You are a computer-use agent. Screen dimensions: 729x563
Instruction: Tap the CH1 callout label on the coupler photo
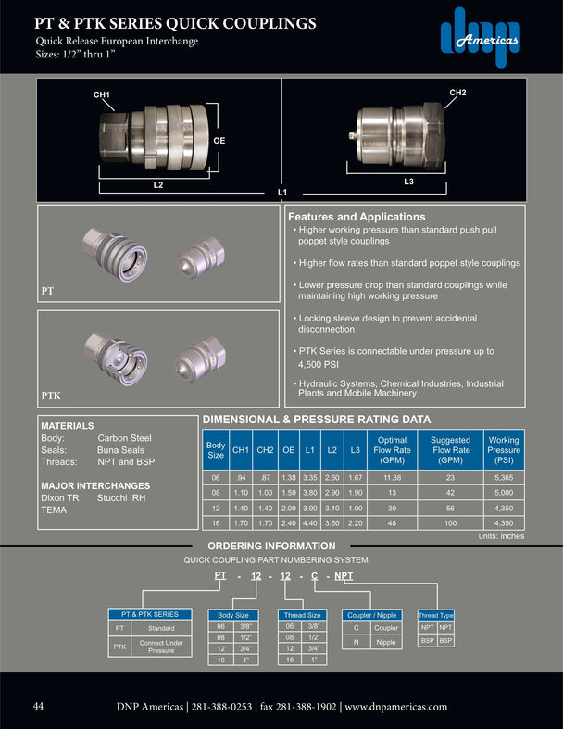tap(102, 95)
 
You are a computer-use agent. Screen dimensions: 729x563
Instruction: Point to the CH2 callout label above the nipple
tap(457, 93)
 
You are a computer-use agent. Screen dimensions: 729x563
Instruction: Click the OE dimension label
tap(219, 140)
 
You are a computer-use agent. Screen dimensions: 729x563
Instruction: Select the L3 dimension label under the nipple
tap(408, 181)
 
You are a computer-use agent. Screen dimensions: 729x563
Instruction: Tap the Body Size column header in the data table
tap(216, 448)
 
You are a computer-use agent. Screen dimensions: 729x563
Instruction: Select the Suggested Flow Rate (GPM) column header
tap(450, 448)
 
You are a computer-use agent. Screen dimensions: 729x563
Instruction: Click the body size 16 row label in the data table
tap(216, 522)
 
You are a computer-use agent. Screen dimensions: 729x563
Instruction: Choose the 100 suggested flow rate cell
tap(450, 522)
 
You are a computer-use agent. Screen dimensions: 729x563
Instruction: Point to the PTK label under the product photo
tap(52, 396)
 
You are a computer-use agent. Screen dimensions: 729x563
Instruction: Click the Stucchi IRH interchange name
tap(122, 497)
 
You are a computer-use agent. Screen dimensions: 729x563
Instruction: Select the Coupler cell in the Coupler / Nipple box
tap(385, 627)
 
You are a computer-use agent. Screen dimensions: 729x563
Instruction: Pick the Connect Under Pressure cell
tap(161, 646)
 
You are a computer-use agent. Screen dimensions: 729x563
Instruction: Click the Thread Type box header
tap(435, 615)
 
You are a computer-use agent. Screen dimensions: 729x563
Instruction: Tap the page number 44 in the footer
tap(39, 706)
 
